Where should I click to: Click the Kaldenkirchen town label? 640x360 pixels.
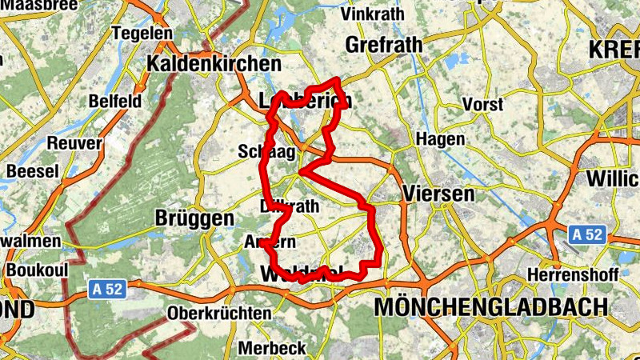[x=215, y=63]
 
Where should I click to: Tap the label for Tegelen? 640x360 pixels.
[x=143, y=34]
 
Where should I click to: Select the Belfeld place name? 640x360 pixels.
[x=115, y=102]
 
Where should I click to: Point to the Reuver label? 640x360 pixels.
[x=75, y=143]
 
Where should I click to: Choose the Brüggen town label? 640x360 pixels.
[x=194, y=218]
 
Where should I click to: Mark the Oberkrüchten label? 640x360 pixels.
[x=220, y=314]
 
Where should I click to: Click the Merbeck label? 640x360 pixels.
[x=272, y=348]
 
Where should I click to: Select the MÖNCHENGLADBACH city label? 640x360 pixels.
[x=490, y=307]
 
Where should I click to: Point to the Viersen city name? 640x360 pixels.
[x=439, y=194]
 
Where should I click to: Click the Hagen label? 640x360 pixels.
[x=441, y=139]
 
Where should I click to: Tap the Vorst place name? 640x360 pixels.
[x=483, y=105]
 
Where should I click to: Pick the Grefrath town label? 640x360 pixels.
[x=384, y=46]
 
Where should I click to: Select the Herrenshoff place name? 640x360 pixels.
[x=574, y=274]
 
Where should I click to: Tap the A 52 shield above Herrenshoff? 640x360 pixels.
[x=588, y=235]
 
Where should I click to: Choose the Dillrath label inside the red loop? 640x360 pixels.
[x=290, y=206]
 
